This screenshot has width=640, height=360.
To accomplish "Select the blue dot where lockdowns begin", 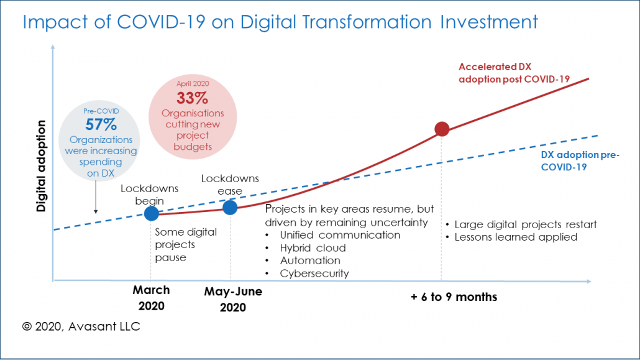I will [x=151, y=213].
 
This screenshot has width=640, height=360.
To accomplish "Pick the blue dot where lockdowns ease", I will [x=230, y=207].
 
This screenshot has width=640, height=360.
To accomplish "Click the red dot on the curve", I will [x=442, y=129].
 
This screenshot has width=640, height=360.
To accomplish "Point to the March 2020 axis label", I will [x=151, y=298].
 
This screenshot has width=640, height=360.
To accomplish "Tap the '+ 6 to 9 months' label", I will [x=454, y=297].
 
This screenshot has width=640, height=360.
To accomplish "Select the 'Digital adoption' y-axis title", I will [x=41, y=166].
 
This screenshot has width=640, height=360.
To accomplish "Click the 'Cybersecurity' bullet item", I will [x=314, y=274].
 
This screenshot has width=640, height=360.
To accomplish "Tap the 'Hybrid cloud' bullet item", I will [x=313, y=248].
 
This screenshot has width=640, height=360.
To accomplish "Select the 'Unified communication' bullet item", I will [x=340, y=235].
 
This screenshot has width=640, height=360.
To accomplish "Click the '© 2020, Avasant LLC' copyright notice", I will [x=81, y=326].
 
